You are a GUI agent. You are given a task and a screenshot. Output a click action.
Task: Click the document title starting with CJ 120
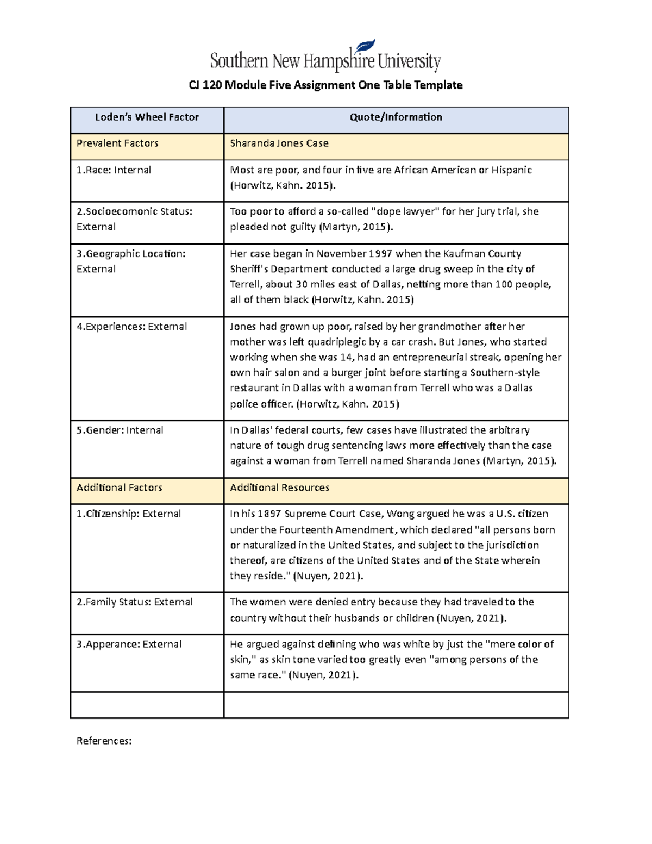[325, 85]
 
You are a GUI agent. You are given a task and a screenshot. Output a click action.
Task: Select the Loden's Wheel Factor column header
[147, 117]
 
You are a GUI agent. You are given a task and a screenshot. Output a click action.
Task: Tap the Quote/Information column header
[396, 117]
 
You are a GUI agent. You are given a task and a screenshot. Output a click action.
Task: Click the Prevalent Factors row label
[117, 143]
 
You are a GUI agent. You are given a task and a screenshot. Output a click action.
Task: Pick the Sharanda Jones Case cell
[279, 143]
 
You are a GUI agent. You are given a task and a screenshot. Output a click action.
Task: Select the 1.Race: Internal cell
[114, 170]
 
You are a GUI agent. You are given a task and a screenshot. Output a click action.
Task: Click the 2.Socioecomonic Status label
[134, 211]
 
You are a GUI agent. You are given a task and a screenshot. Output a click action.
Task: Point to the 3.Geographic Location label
[131, 254]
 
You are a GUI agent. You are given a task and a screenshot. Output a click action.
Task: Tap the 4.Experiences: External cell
[131, 327]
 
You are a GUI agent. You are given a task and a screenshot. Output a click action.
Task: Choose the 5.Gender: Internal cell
[120, 430]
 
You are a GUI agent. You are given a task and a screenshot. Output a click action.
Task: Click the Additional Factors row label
[119, 488]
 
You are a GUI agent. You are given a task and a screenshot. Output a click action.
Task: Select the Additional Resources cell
[279, 488]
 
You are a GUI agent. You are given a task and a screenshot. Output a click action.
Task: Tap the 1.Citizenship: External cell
[128, 514]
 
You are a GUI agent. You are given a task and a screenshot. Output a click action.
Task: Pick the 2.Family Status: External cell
[134, 602]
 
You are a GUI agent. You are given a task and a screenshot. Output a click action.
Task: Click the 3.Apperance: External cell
[129, 645]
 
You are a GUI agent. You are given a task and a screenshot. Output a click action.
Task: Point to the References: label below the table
[104, 741]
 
